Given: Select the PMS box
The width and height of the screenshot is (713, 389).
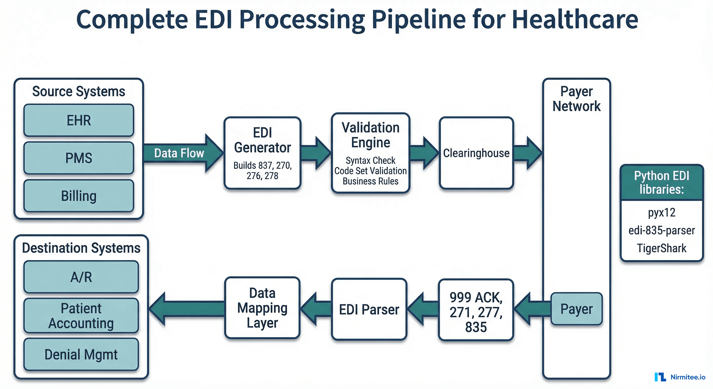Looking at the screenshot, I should (78, 158).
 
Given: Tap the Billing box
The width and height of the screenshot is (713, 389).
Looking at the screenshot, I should (78, 196).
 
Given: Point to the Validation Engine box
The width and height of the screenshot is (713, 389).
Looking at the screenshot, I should (370, 153).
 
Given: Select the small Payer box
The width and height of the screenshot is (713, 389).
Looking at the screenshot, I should (576, 309).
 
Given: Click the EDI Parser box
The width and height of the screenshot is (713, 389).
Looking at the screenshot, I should (369, 309).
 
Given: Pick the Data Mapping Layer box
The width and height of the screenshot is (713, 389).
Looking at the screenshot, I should (262, 308).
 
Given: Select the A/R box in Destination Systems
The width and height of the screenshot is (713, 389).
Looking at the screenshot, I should (81, 277).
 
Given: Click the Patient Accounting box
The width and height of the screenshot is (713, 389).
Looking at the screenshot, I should (81, 316).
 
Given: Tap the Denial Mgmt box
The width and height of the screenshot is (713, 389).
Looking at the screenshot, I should (81, 354).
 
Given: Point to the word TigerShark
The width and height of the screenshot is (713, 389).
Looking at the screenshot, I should (662, 248).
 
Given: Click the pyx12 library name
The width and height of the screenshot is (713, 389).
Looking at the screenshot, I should (662, 213).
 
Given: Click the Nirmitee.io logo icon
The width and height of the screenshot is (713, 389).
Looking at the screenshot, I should (660, 377).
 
